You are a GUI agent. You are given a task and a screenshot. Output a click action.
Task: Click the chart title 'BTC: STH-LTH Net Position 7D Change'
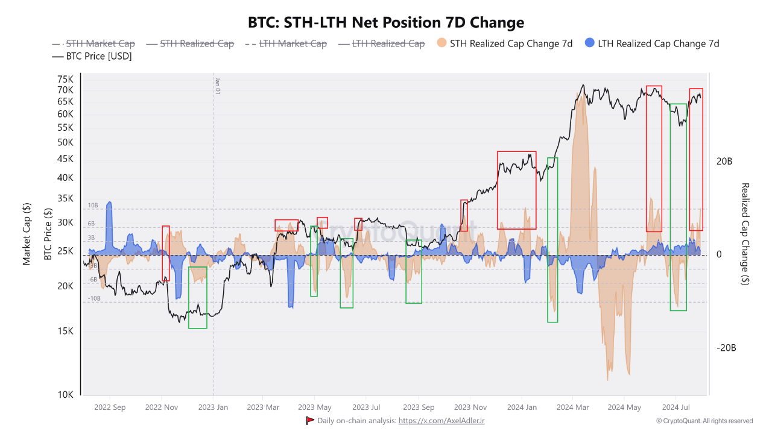coord(386,23)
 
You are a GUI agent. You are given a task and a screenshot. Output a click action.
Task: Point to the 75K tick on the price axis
coord(65,79)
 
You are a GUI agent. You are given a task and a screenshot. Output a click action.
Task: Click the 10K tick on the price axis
coord(65,395)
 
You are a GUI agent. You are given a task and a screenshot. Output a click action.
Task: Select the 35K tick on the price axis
coord(65,198)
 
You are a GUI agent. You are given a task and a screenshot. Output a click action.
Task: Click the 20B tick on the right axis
coord(724,162)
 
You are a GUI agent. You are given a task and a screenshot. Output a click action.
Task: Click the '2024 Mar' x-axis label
coord(574,407)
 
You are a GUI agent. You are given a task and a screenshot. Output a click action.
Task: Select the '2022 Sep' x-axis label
coord(110,407)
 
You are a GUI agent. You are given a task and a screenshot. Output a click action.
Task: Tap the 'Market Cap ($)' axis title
coord(27,234)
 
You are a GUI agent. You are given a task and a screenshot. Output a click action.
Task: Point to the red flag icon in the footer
coord(310,420)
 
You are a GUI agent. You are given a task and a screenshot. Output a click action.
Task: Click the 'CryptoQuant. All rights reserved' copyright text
coord(704,421)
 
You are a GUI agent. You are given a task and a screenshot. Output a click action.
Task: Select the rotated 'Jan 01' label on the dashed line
coord(217,86)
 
